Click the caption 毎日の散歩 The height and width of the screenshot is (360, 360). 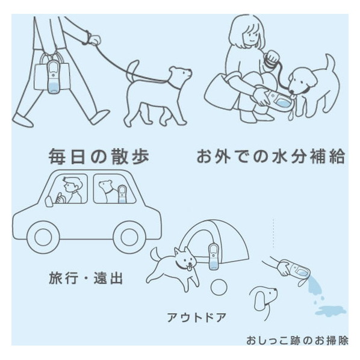pyautogui.click(x=99, y=157)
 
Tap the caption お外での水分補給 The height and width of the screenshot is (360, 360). pyautogui.click(x=271, y=157)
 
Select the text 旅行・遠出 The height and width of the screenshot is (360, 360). pyautogui.click(x=85, y=278)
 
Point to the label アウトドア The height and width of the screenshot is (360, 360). pyautogui.click(x=196, y=318)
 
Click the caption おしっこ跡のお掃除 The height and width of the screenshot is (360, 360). pyautogui.click(x=297, y=341)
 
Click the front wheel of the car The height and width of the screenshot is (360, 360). pyautogui.click(x=43, y=237)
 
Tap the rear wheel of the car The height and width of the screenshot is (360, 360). pyautogui.click(x=129, y=237)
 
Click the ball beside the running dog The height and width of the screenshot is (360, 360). pyautogui.click(x=219, y=287)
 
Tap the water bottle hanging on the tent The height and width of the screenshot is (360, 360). pyautogui.click(x=213, y=256)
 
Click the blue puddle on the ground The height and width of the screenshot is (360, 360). pyautogui.click(x=331, y=311)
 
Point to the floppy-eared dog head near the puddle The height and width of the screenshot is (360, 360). pyautogui.click(x=264, y=299)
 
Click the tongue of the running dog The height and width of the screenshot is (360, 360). pyautogui.click(x=189, y=268)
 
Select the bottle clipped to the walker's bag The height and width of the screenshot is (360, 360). pyautogui.click(x=53, y=76)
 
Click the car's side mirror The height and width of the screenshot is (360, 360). pyautogui.click(x=48, y=202)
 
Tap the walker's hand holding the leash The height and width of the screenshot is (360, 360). pyautogui.click(x=95, y=40)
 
